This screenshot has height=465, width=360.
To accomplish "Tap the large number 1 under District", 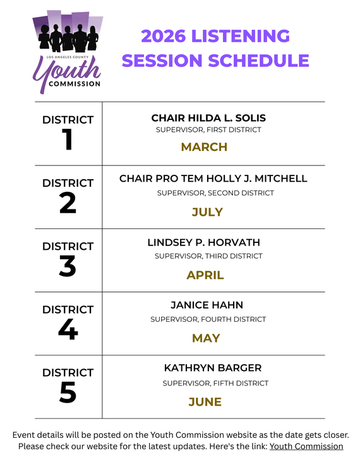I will coord(68,140).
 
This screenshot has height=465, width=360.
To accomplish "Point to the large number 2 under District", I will coord(68,203).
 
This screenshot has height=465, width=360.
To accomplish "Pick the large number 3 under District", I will coord(68,266).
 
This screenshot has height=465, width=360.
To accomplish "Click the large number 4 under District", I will coord(68,329).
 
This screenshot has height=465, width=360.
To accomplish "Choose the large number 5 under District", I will coord(68,392).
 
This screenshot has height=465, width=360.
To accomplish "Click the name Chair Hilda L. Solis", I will coord(208,118).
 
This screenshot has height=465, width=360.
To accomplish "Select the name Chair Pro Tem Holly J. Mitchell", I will coord(213,179).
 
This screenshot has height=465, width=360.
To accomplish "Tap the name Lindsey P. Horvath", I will coord(203,242).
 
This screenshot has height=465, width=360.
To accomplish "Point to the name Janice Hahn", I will coord(207,305).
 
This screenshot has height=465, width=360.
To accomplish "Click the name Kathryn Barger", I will coord(212,368).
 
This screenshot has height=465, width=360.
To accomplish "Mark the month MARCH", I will coord(204,147).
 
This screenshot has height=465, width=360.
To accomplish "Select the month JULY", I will coord(207,212).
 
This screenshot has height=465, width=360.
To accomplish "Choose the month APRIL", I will coord(205,275).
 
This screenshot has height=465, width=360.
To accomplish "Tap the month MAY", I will coord(206,338).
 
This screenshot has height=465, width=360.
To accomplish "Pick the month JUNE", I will coord(205,402).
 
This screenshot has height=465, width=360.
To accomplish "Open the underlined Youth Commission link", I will coord(306,447).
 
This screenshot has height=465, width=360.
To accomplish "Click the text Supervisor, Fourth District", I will coord(208,319).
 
